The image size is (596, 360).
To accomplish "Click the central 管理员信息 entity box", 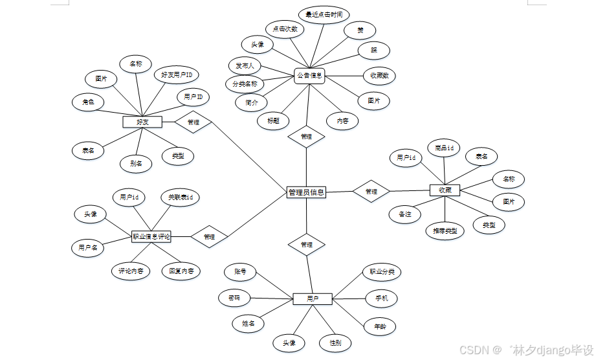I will tap(306, 192).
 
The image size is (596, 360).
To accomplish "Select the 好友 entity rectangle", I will tap(142, 122).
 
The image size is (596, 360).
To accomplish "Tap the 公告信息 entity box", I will tap(309, 76).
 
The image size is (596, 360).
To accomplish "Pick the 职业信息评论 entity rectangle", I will tap(151, 237).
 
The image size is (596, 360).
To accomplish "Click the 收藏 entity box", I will tap(445, 190).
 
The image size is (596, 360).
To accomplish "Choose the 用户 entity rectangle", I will tap(313, 299).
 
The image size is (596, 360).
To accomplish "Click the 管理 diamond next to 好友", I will tap(193, 122).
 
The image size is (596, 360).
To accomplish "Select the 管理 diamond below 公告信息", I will tap(307, 137).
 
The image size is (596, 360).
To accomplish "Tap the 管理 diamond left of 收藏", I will tap(371, 192).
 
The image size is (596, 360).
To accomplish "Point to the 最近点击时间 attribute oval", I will tap(324, 14).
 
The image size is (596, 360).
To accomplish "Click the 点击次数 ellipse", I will tap(285, 29).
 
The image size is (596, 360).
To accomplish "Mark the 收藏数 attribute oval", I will tap(379, 76).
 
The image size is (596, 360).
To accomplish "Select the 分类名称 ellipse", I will tap(245, 84).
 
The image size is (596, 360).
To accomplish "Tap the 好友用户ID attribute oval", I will tap(181, 74).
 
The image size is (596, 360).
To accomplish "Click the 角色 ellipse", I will tap(88, 102).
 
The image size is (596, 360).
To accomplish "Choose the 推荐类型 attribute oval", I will tap(445, 231).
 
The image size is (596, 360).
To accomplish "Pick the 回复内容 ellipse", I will tap(181, 271).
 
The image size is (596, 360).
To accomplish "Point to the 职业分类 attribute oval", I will tap(382, 272).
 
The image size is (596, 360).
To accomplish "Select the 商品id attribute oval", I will tap(444, 148).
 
